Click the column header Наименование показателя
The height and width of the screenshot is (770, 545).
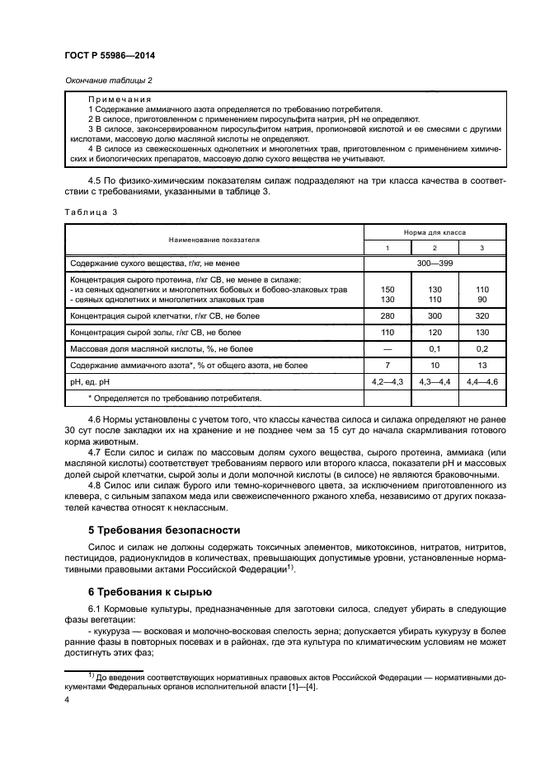point(214,240)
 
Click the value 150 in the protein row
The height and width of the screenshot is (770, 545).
point(388,290)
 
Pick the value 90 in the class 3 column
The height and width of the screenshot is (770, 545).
point(482,300)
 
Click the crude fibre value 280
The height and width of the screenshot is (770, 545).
point(388,316)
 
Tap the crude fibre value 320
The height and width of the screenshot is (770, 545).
point(482,316)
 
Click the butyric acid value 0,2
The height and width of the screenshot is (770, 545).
point(482,349)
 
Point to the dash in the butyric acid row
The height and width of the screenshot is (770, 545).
point(388,349)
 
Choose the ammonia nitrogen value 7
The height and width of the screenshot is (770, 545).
point(388,366)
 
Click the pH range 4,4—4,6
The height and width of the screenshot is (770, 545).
point(482,382)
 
